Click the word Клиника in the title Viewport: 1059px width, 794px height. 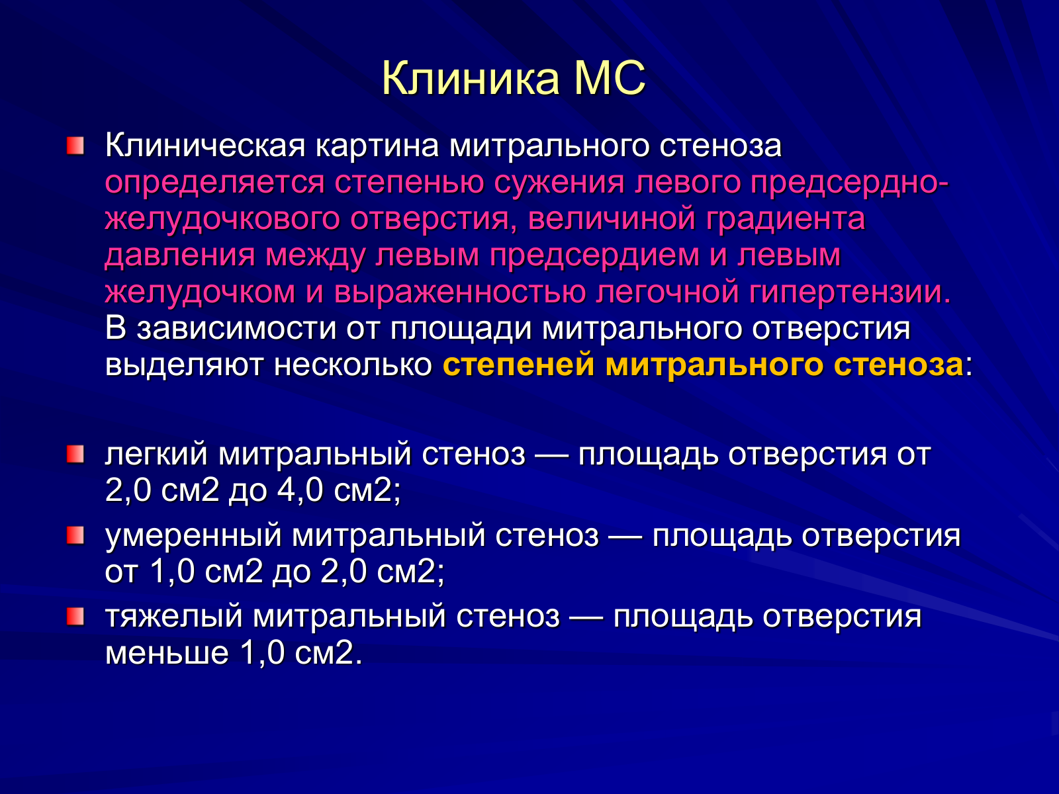[471, 78]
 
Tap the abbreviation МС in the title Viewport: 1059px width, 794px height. [610, 78]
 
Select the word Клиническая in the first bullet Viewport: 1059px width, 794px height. [205, 145]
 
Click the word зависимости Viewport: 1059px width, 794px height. [236, 329]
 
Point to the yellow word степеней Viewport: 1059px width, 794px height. [519, 365]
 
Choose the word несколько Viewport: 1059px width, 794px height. [353, 365]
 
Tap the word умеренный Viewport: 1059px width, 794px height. [193, 536]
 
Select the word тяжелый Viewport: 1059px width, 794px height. [173, 617]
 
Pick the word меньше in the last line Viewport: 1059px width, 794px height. [167, 654]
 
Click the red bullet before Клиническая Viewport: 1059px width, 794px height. [75, 146]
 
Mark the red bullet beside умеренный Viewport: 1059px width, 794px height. [75, 535]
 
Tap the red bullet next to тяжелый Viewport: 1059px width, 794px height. [75, 616]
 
